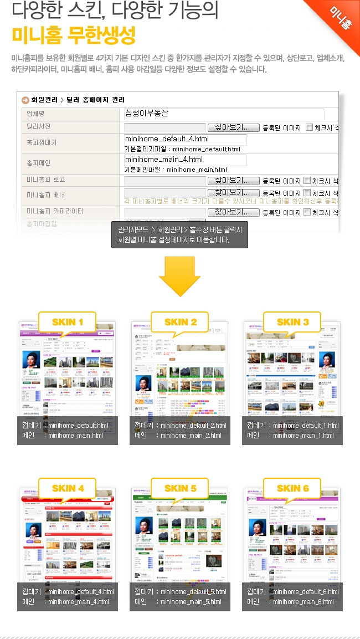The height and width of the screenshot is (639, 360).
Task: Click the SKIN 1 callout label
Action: [68, 322]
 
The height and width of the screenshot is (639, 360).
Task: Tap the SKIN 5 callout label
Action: [180, 488]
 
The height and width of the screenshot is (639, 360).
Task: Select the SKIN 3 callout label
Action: [292, 322]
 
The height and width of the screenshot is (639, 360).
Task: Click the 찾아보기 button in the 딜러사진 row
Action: [233, 127]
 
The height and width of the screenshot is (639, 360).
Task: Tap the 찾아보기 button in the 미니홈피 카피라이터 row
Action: [233, 212]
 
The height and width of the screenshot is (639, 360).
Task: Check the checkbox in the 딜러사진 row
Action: [309, 128]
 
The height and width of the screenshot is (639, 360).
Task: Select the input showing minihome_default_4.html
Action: [185, 139]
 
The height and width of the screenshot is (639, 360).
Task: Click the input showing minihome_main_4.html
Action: [185, 160]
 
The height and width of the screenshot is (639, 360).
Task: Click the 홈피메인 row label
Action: [38, 163]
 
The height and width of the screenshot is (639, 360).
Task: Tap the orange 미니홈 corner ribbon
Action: [341, 19]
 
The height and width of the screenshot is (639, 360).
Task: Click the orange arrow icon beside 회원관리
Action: [25, 100]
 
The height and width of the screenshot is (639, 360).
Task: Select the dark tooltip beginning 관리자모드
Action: [179, 235]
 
